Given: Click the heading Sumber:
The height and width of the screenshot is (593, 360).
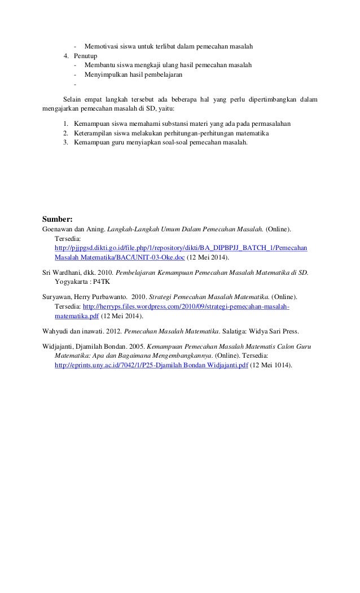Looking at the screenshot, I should click(62, 218).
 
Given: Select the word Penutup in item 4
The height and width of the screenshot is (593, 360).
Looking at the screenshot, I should click(85, 56).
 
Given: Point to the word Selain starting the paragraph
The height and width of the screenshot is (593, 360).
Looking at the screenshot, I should click(72, 100).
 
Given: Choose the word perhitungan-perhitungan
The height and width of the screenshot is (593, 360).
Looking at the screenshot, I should click(204, 133).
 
